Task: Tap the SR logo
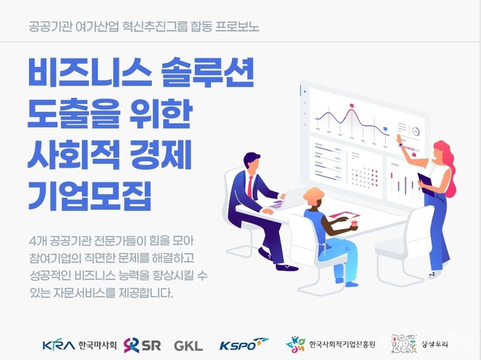[142, 345]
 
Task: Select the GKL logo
[188, 345]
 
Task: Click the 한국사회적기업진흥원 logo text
[342, 345]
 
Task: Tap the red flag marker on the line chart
[352, 106]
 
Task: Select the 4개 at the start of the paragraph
[38, 241]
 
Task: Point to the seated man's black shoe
[287, 267]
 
